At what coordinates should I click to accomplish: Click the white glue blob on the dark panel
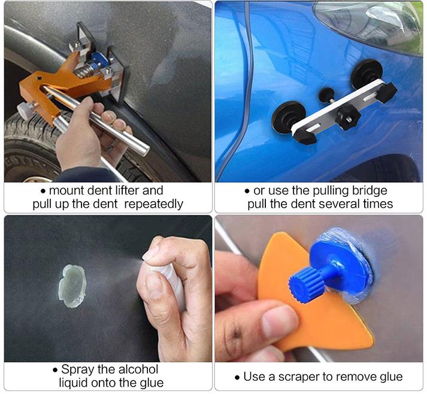[72, 286]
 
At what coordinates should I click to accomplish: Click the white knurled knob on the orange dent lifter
[26, 110]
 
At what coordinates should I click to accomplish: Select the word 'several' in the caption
[337, 204]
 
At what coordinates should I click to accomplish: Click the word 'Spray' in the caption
[78, 370]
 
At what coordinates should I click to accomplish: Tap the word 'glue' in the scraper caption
[390, 377]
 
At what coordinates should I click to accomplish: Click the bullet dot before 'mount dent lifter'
[43, 192]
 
